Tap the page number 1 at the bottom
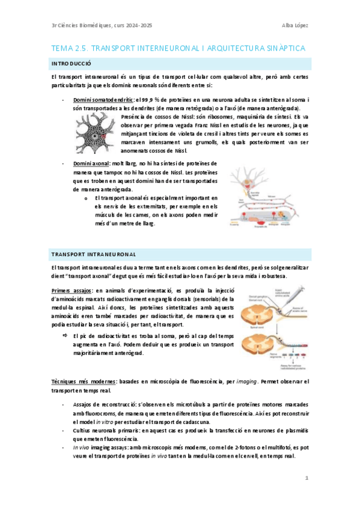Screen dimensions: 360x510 [306, 478]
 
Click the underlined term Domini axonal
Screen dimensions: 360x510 [91, 163]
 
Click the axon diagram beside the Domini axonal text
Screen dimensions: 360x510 [269, 195]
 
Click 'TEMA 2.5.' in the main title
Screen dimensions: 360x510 [71, 48]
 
